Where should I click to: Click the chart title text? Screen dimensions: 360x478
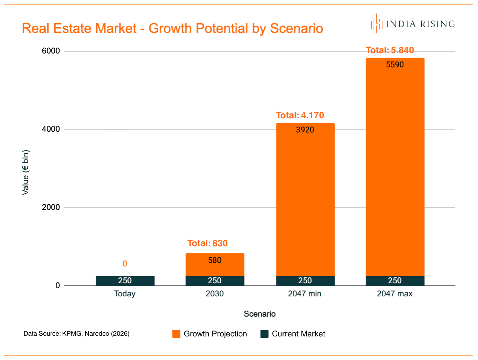pyautogui.click(x=172, y=28)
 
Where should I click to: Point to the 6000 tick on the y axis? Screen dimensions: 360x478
pyautogui.click(x=51, y=51)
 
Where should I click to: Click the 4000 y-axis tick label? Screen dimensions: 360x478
pyautogui.click(x=51, y=129)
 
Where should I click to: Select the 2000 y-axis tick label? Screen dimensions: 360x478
pyautogui.click(x=51, y=207)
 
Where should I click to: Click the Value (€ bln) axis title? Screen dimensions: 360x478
pyautogui.click(x=25, y=173)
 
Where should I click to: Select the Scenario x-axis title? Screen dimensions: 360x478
pyautogui.click(x=260, y=314)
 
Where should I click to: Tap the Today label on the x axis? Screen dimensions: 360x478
pyautogui.click(x=125, y=294)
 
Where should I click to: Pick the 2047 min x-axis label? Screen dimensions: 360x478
pyautogui.click(x=305, y=294)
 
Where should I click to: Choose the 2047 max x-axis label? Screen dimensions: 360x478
pyautogui.click(x=394, y=294)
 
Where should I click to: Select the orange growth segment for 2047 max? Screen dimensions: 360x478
pyautogui.click(x=395, y=168)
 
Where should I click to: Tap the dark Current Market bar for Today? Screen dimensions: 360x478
pyautogui.click(x=125, y=281)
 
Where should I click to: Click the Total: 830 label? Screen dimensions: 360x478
pyautogui.click(x=208, y=243)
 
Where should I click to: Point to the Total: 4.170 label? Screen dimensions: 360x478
pyautogui.click(x=300, y=115)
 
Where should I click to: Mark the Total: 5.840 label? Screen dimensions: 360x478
pyautogui.click(x=390, y=50)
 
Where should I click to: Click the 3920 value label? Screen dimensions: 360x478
pyautogui.click(x=305, y=130)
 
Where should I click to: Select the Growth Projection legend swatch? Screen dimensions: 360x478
pyautogui.click(x=176, y=334)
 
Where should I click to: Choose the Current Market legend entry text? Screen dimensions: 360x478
pyautogui.click(x=299, y=334)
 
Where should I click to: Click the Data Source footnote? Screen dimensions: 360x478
pyautogui.click(x=76, y=333)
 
